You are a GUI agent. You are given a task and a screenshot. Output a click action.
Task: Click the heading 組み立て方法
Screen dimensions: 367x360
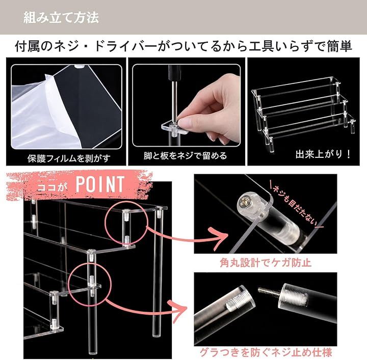61,18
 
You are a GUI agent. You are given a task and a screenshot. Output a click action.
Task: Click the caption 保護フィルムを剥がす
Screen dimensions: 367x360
69,158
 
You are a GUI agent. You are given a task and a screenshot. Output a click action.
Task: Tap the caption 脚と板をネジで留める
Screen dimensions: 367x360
186,156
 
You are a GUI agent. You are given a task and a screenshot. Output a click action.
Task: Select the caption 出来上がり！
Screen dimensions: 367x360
323,154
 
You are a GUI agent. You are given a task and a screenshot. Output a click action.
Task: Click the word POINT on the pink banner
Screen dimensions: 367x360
100,184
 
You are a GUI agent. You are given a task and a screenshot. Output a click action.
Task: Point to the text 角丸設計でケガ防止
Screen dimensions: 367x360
266,263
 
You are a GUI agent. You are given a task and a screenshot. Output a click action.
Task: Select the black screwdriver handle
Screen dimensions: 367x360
175,73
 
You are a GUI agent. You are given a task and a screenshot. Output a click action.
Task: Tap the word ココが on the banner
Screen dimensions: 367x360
51,187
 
